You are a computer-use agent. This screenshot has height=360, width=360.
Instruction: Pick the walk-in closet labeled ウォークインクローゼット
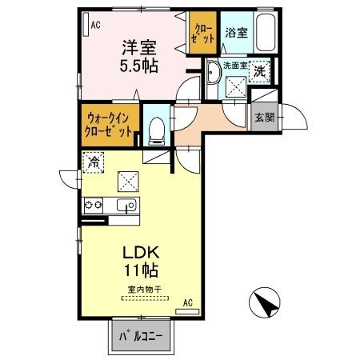109,125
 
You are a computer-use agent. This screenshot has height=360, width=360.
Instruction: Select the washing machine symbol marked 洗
260,70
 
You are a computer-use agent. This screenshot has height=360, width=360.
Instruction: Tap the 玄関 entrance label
264,118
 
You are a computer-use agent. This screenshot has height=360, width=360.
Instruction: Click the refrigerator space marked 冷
94,162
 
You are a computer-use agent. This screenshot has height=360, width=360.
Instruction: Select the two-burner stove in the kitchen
93,206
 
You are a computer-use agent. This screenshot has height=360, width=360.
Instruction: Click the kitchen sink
126,206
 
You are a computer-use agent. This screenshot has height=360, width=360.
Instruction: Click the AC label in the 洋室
95,25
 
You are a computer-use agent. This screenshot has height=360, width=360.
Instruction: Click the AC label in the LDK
188,302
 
